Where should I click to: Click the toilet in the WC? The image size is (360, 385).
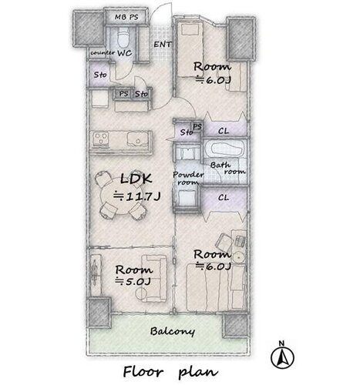123,38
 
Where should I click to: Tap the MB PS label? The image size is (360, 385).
126,17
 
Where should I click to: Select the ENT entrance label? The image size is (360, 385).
162,45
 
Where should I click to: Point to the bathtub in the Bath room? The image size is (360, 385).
226,149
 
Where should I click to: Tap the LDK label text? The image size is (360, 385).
136,179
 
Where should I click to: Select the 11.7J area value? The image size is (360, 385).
137,196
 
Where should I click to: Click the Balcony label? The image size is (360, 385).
173,331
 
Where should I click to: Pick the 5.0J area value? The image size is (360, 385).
133,282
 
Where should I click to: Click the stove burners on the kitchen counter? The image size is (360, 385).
100,139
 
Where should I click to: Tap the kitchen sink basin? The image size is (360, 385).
136,139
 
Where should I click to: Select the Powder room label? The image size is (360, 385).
188,179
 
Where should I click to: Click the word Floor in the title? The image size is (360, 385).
143,372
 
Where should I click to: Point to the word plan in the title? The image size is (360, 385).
198,372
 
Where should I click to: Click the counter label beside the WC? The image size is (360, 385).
103,53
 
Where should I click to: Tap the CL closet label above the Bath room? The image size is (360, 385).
224,131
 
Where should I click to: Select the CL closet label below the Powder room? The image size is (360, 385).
224,198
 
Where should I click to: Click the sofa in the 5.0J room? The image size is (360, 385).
153,278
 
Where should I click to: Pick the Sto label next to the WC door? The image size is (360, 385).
100,75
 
